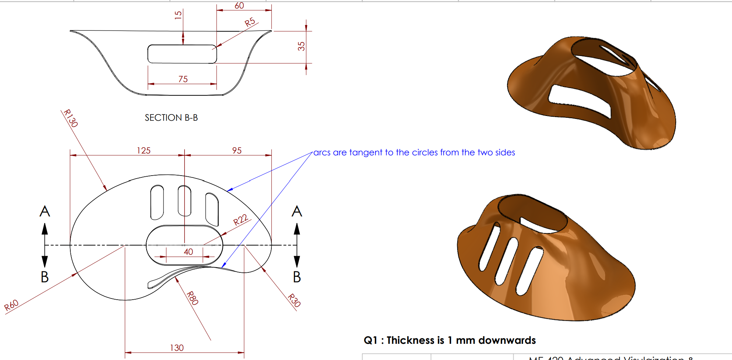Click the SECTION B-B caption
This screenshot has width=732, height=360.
(171, 118)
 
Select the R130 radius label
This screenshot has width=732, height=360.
(70, 118)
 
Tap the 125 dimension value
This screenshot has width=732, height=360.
(144, 151)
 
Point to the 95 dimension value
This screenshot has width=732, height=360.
(237, 151)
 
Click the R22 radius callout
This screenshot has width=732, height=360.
(240, 220)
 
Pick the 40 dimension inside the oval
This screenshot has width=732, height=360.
(188, 252)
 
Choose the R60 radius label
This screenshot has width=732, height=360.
(11, 305)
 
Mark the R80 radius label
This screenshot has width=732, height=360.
(192, 298)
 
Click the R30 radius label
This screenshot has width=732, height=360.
(294, 300)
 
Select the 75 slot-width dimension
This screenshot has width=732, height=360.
(183, 79)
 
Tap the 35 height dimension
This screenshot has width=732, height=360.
(302, 46)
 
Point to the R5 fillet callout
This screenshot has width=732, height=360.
(250, 22)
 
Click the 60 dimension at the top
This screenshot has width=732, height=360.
(239, 6)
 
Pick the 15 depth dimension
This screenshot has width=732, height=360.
(178, 15)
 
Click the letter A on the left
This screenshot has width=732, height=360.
(45, 211)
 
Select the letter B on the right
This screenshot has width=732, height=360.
(297, 277)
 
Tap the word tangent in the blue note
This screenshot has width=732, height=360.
(366, 152)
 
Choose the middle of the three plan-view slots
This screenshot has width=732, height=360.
(184, 201)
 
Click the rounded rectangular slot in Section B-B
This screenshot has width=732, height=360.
(182, 54)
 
